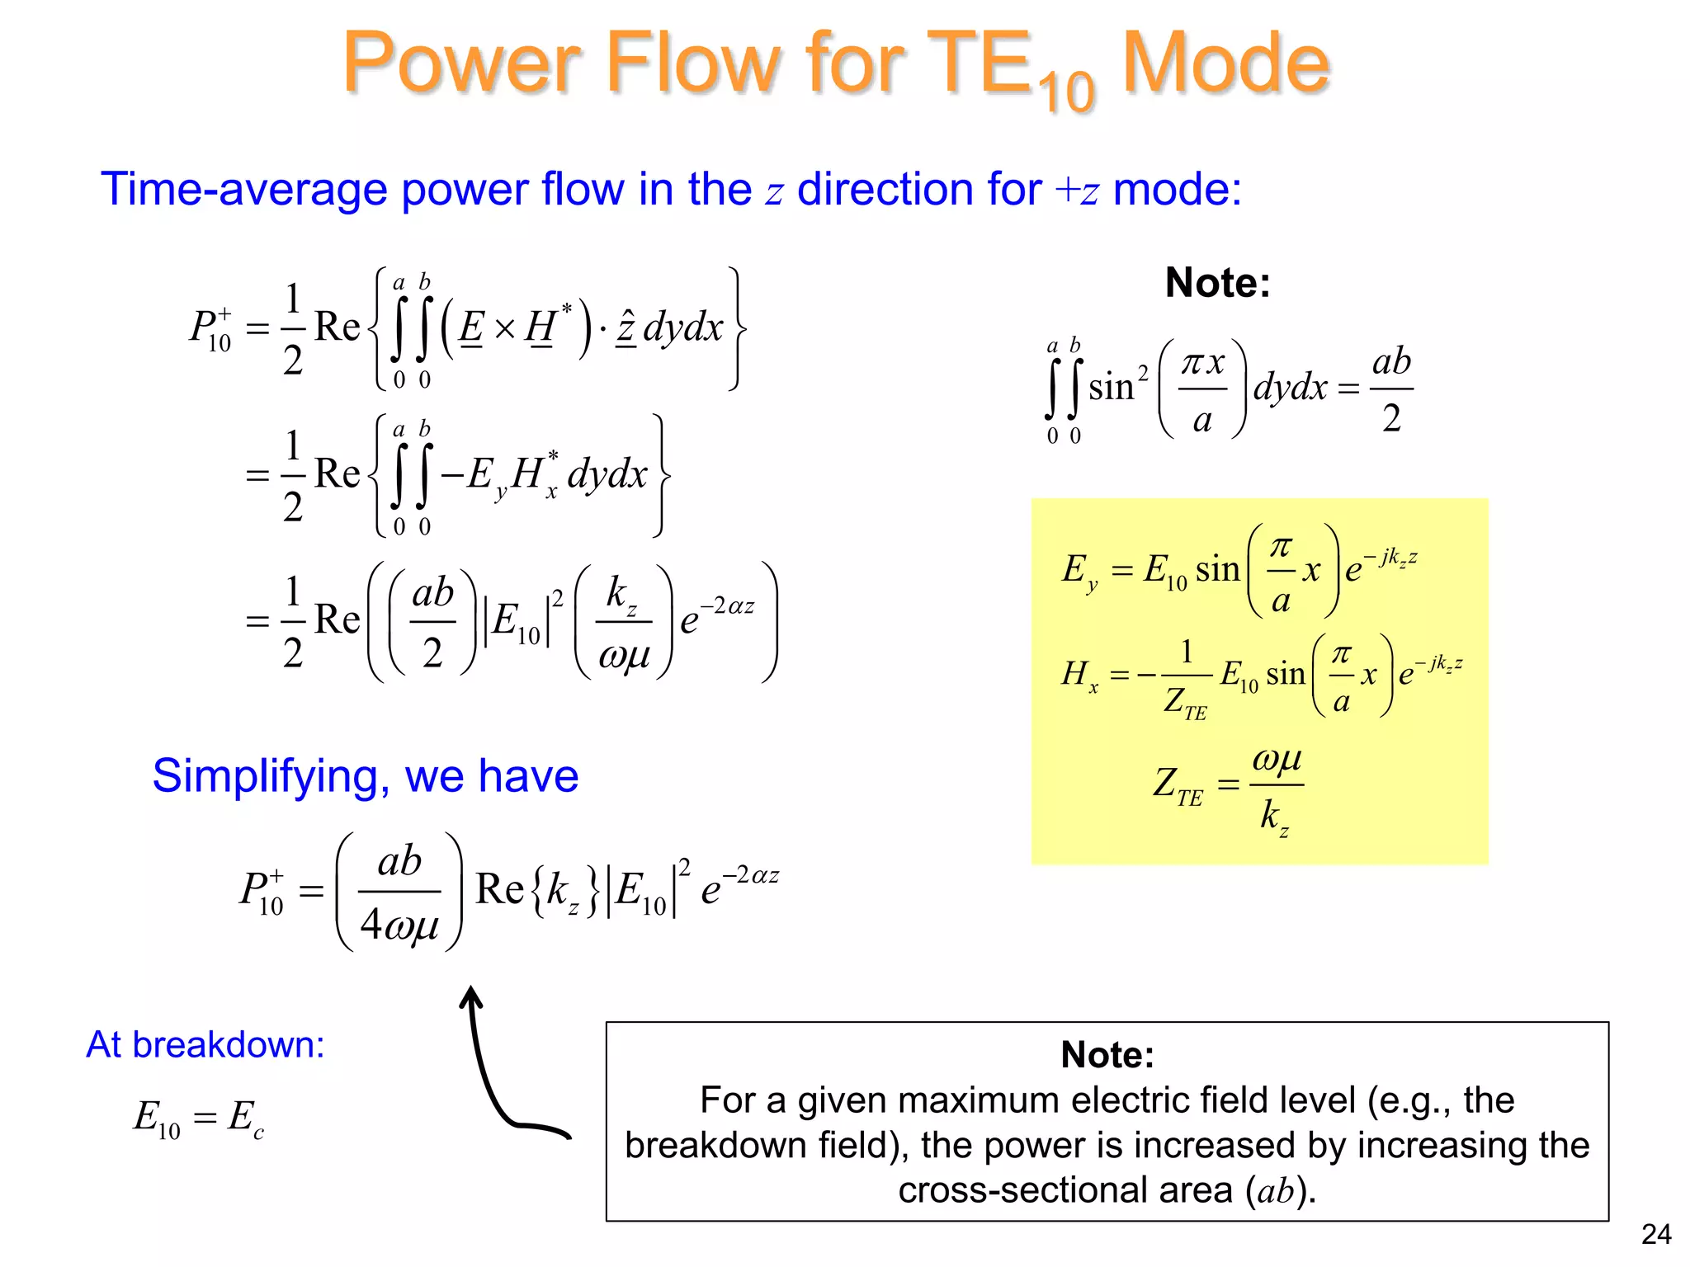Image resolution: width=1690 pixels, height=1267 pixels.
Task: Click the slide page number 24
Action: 1655,1234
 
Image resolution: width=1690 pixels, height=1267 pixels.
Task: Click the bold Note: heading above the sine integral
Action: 1217,283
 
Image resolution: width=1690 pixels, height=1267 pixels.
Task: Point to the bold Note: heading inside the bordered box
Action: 1107,1054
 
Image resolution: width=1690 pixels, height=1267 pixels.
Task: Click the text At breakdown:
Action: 205,1045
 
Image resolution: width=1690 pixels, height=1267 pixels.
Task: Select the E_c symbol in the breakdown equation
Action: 245,1118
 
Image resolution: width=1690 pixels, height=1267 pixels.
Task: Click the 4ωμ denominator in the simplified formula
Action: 399,924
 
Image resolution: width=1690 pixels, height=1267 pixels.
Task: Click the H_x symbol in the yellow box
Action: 1079,676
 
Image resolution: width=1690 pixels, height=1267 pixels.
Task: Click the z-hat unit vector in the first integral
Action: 626,327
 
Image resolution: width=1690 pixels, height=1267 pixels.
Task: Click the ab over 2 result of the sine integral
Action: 1391,389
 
